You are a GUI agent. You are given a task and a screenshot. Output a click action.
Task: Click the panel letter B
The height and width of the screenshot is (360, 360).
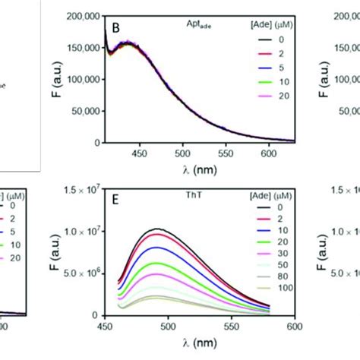coord(116,28)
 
